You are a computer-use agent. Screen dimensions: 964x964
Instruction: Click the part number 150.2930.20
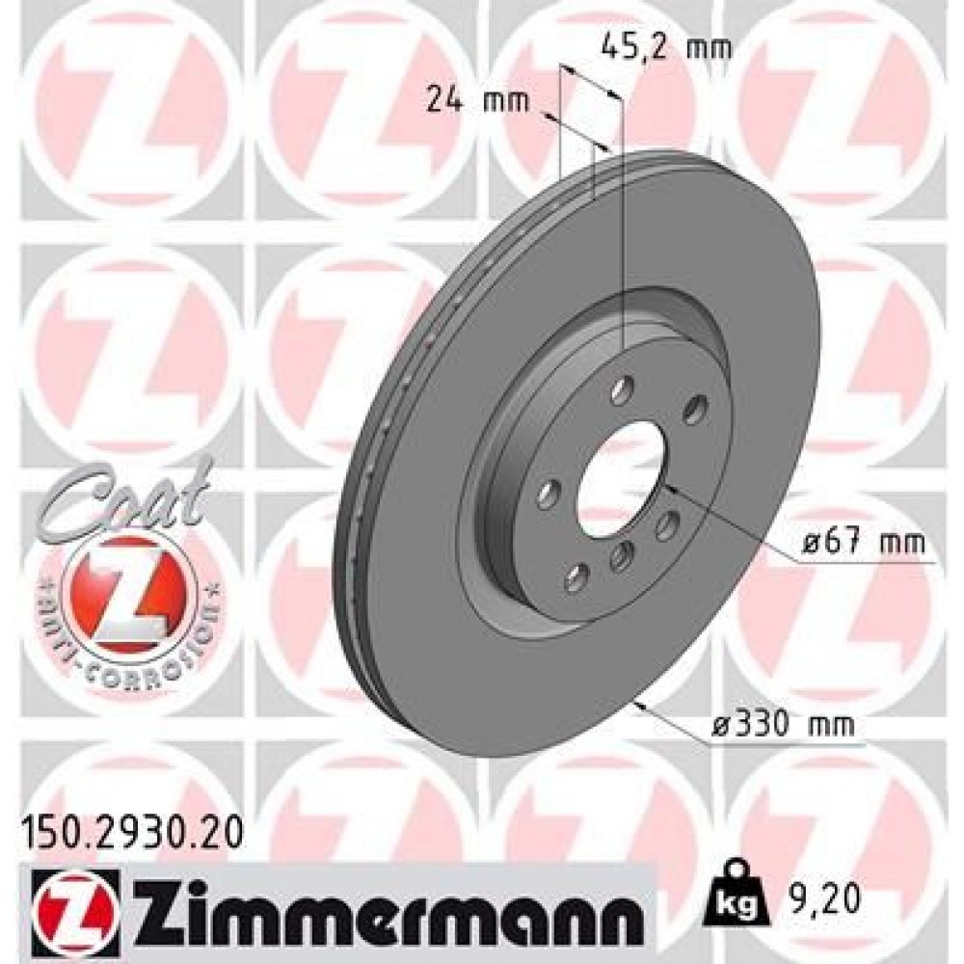[130, 828]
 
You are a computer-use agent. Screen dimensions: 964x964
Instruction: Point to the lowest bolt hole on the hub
[576, 577]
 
